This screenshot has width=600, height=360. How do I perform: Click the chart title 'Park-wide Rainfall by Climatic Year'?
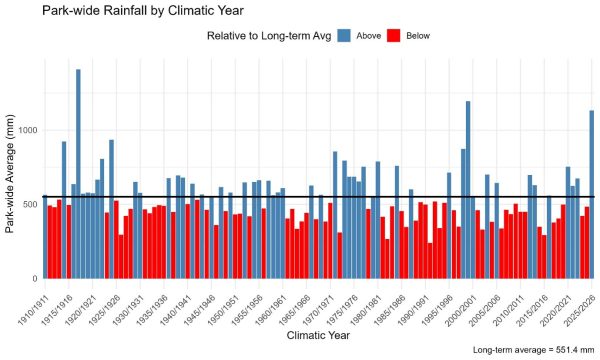(143, 10)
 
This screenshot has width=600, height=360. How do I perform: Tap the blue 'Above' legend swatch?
(344, 36)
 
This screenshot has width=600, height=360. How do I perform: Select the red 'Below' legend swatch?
(393, 36)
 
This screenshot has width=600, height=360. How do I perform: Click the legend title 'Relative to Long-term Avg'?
(269, 36)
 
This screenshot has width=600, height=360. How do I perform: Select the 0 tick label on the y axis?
(35, 279)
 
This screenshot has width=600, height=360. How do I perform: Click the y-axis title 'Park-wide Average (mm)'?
(10, 174)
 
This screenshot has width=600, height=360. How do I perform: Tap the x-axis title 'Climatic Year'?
(318, 336)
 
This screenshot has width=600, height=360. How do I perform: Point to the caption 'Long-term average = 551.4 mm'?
(534, 350)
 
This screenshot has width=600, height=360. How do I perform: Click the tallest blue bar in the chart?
(78, 174)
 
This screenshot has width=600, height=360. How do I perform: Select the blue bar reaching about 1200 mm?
(468, 190)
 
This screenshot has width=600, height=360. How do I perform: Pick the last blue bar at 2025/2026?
(592, 194)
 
